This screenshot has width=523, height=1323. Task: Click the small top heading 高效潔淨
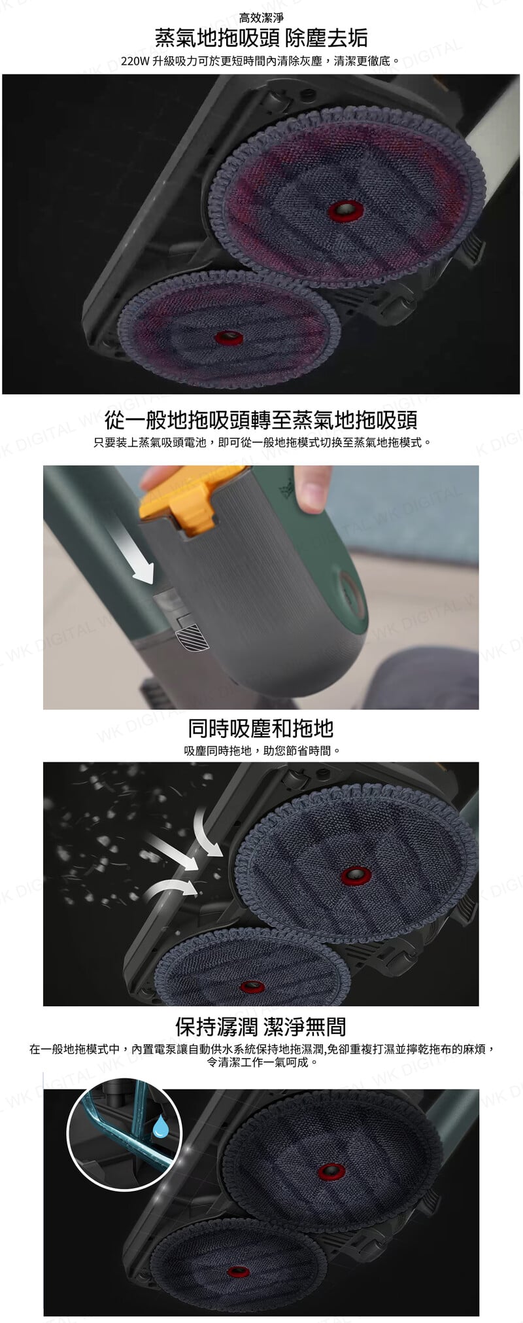261,18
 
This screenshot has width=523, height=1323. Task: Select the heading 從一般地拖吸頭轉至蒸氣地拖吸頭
261,419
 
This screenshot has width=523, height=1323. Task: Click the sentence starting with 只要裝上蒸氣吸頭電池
261,443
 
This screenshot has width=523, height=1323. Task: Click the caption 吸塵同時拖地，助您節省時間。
261,750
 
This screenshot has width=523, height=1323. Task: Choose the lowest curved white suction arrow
171,889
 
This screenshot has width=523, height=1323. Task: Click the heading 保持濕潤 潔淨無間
261,1027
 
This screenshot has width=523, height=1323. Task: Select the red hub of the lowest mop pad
238,1272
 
